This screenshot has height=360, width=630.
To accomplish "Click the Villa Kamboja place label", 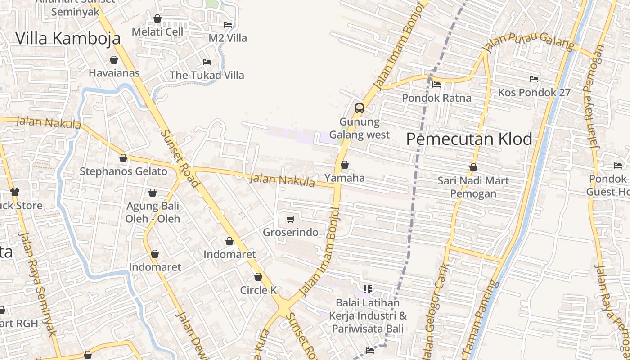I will [68, 38].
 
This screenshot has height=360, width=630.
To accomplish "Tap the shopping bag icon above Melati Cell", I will [157, 18].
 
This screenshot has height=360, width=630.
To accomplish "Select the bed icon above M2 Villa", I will [228, 24].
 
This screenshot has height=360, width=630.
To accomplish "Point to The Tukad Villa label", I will [207, 75].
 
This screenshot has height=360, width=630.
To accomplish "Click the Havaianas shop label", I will [114, 73].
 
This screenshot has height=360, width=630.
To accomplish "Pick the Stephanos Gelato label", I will [123, 171].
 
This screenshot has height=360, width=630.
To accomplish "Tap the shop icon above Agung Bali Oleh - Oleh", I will [153, 193].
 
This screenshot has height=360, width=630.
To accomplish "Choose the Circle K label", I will [258, 290].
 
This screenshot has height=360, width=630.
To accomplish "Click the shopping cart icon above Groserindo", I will [291, 219].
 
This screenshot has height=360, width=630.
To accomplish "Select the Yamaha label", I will [345, 178].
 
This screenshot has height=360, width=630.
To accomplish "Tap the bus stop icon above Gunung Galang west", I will [359, 108].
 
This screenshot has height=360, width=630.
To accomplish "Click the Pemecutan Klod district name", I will [469, 139].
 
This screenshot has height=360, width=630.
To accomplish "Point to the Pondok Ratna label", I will [436, 98].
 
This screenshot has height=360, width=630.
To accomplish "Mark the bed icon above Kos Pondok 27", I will [534, 79].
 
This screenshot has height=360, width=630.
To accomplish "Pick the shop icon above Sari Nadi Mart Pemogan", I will [473, 167].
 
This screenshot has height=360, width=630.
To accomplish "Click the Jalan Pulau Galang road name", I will [528, 43].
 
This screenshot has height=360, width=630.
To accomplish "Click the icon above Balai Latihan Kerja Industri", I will [368, 289].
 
